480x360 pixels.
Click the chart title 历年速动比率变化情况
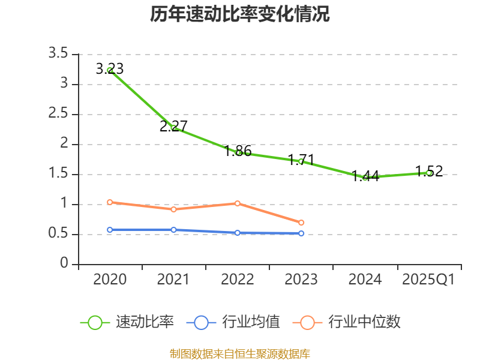pyautogui.click(x=240, y=14)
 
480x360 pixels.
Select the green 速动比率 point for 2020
pyautogui.click(x=110, y=70)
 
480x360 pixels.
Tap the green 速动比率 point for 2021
pyautogui.click(x=173, y=128)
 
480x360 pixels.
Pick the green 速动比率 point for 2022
pyautogui.click(x=238, y=152)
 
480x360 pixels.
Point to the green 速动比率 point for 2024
pyautogui.click(x=365, y=177)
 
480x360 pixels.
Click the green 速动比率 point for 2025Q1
pyautogui.click(x=428, y=173)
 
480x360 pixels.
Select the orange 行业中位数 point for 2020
pyautogui.click(x=110, y=202)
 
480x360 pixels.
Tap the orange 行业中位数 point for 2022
pyautogui.click(x=238, y=203)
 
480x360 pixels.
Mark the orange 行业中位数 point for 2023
pyautogui.click(x=301, y=223)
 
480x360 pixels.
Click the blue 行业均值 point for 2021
pyautogui.click(x=173, y=230)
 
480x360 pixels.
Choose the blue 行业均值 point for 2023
pyautogui.click(x=301, y=233)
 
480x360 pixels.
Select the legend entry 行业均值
pyautogui.click(x=233, y=322)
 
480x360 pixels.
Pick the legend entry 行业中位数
pyautogui.click(x=347, y=322)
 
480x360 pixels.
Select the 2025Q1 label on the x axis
pyautogui.click(x=428, y=280)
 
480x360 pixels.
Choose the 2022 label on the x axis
pyautogui.click(x=238, y=280)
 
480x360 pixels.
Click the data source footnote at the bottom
pyautogui.click(x=240, y=353)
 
